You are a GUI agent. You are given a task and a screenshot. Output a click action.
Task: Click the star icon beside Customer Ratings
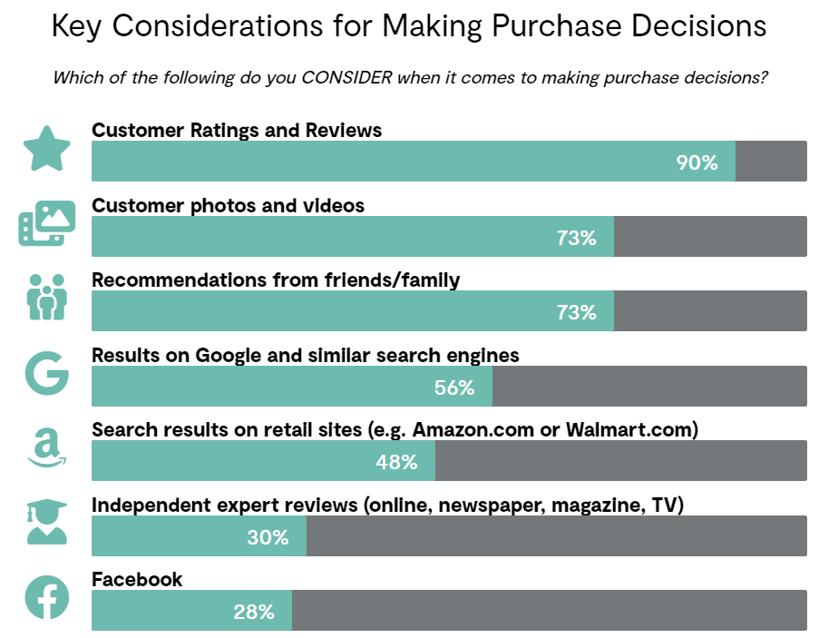[46, 150]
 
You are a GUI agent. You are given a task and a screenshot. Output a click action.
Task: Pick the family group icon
[46, 298]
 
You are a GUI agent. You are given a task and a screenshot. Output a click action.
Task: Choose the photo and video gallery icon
[46, 224]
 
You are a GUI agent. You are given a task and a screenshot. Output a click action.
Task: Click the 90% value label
[697, 163]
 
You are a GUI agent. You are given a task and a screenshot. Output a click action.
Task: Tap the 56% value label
[454, 388]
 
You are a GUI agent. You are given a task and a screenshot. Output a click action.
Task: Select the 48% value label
[396, 462]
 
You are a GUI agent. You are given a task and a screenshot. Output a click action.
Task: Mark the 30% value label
[268, 537]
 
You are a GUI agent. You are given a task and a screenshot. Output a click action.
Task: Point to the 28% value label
[254, 612]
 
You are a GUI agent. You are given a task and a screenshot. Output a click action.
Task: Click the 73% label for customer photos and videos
[576, 238]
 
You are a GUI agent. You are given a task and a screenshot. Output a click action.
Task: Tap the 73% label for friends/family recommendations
[576, 312]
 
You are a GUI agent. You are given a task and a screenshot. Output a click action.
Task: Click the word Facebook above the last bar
[137, 579]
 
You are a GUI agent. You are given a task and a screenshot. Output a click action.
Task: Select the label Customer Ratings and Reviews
[237, 131]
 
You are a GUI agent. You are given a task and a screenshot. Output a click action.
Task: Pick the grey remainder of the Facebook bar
[549, 612]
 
